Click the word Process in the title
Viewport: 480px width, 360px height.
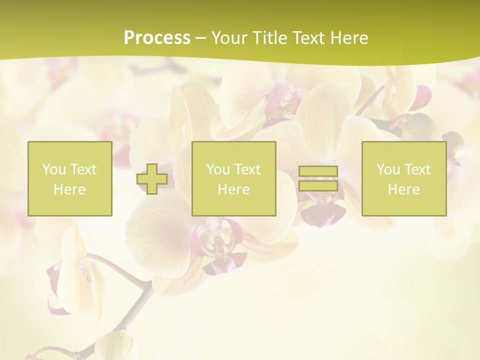[157, 37]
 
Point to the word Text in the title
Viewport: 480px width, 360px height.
[311, 37]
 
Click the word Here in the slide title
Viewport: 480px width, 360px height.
[351, 37]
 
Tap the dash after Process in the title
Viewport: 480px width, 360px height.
[200, 38]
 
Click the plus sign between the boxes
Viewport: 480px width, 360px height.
[152, 179]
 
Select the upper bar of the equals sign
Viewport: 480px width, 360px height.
[318, 171]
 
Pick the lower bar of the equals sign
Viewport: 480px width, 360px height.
[318, 185]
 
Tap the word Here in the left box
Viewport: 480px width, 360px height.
[69, 189]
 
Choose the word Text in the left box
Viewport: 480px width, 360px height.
[83, 169]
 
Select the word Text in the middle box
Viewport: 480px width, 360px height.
[247, 169]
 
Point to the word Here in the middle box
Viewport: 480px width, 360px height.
[233, 189]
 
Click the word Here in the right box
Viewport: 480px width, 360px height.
[403, 189]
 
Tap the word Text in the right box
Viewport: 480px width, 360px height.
[417, 169]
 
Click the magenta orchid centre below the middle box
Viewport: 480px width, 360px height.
[218, 245]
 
